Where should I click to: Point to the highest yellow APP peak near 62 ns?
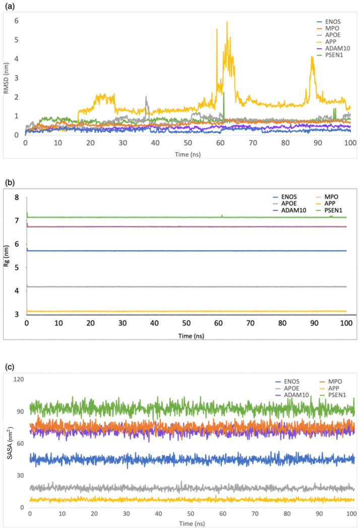pyautogui.click(x=227, y=23)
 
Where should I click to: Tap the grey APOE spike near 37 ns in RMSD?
pyautogui.click(x=146, y=98)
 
